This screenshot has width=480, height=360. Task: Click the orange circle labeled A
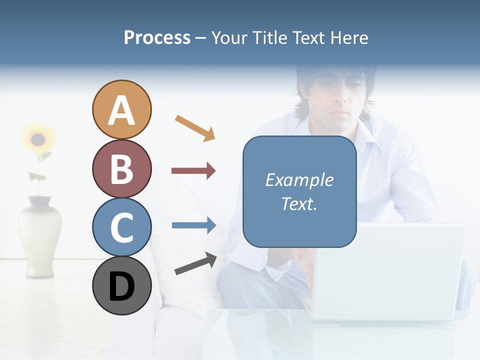[121, 109]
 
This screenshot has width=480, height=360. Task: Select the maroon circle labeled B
[121, 168]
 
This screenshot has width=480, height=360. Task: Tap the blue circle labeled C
[121, 227]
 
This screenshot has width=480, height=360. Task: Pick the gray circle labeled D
[121, 285]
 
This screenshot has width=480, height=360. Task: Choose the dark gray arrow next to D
[195, 263]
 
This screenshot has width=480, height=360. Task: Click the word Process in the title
[157, 38]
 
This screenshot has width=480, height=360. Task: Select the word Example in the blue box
[299, 180]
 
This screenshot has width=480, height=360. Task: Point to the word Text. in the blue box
[299, 203]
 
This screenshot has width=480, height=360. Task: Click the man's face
[335, 95]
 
